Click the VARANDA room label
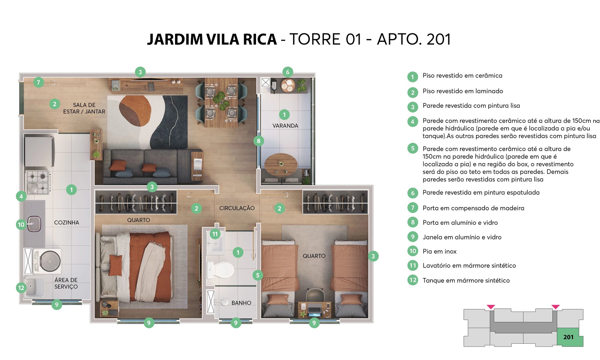point(285,126)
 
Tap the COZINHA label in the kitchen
point(67,222)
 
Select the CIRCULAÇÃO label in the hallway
point(237,208)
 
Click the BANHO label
point(241,303)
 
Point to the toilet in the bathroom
point(220,269)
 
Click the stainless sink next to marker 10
point(34,224)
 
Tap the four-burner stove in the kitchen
point(38,182)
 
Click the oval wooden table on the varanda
point(281,164)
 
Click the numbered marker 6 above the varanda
point(288,72)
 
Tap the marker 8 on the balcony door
point(259,141)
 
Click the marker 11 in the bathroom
point(215,234)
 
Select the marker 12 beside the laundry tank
point(21,288)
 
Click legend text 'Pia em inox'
point(439,251)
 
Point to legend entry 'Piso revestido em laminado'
point(463,91)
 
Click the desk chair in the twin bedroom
point(314,295)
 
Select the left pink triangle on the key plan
point(491,307)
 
